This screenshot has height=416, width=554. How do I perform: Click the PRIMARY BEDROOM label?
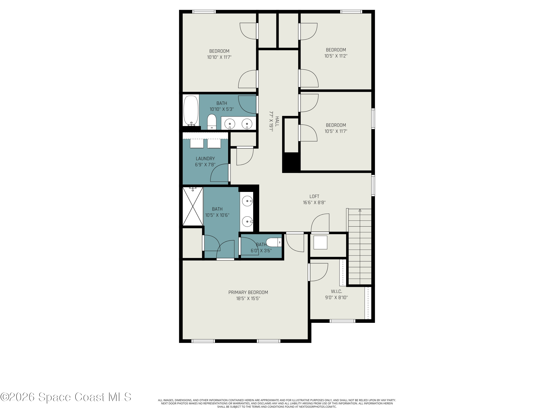[248, 292]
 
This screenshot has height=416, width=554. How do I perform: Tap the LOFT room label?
[314, 196]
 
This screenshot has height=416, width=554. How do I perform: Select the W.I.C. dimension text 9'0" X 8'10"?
[336, 298]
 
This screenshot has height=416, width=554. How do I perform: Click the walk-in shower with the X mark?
[193, 206]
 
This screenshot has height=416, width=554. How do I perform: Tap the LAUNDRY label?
[205, 158]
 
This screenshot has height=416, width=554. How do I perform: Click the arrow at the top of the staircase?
[360, 210]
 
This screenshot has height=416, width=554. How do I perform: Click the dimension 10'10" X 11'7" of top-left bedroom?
[219, 57]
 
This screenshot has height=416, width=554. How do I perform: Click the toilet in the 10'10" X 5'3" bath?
[212, 122]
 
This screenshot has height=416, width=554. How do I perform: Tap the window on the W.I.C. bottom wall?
[342, 321]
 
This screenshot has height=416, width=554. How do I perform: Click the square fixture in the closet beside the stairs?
[320, 242]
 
